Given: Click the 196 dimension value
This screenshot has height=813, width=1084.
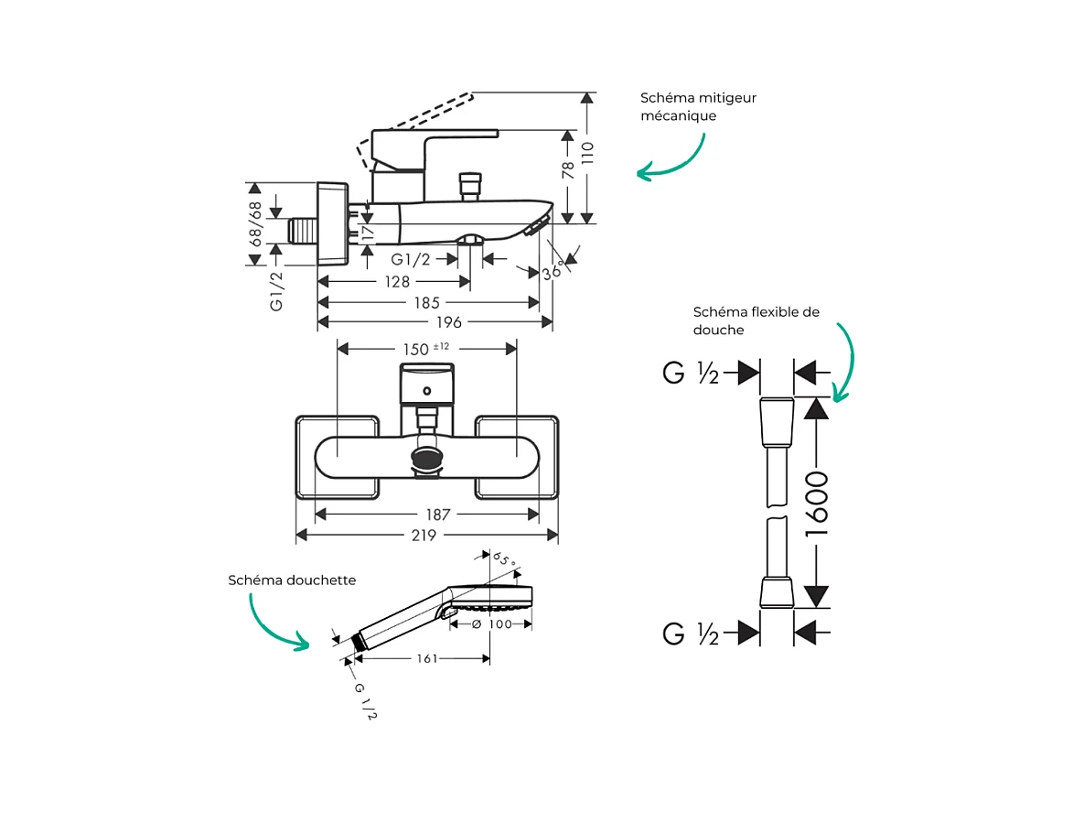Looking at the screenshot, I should [449, 322].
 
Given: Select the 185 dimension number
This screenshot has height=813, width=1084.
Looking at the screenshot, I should [426, 302].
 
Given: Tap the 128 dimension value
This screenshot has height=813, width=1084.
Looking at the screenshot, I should [396, 282].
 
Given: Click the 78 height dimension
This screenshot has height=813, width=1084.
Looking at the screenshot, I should [568, 169].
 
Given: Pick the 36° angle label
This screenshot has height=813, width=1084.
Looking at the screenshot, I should [552, 270].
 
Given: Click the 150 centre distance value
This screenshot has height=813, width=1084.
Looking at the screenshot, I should [416, 349].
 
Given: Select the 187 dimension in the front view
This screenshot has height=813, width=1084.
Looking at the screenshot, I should [438, 515].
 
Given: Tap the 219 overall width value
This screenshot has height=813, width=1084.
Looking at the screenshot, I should [424, 536].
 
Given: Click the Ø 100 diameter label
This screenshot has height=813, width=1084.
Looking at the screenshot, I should [491, 624].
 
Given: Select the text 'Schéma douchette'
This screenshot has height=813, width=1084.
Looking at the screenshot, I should [292, 580].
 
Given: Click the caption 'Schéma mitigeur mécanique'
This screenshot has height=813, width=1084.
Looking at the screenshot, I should [698, 107].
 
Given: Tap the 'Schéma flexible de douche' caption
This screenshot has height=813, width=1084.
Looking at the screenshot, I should [756, 320].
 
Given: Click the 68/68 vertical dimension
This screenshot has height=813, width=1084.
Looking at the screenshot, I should [255, 222].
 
